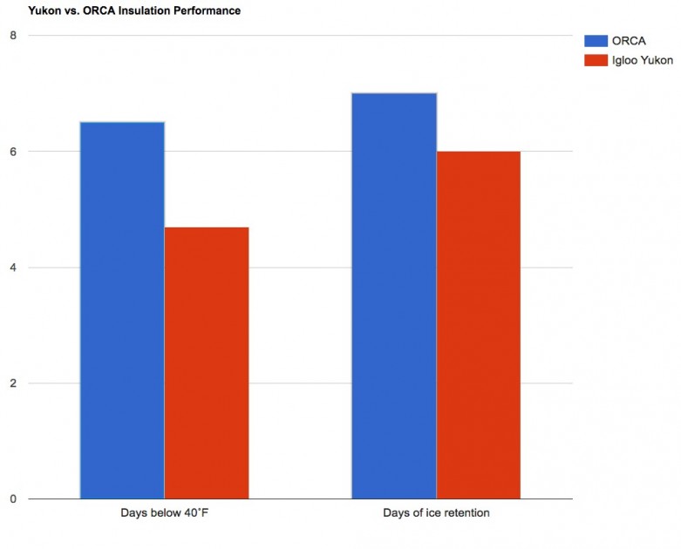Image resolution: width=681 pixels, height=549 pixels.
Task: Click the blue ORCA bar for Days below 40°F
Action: click(122, 310)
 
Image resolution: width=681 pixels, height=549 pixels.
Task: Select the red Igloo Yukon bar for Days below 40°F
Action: click(207, 363)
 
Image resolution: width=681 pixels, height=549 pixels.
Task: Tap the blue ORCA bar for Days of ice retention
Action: click(394, 296)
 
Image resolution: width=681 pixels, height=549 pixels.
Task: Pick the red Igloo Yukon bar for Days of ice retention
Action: click(478, 325)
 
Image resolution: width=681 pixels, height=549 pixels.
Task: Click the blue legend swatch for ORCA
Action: click(596, 40)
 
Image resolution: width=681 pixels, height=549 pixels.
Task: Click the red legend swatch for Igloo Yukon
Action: click(596, 60)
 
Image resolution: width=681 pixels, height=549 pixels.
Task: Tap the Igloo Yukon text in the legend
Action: click(643, 60)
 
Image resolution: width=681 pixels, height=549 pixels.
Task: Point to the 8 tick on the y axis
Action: click(13, 36)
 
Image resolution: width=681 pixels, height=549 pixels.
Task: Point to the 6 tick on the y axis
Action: click(13, 152)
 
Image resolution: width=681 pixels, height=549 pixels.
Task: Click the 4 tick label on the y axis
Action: click(13, 268)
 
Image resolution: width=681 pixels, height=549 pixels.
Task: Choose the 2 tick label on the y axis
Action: click(13, 383)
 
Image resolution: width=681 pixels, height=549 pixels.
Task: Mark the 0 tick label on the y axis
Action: click(13, 499)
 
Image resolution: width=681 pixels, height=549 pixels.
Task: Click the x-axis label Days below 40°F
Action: click(165, 513)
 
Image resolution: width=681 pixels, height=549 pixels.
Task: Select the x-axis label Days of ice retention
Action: click(436, 513)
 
